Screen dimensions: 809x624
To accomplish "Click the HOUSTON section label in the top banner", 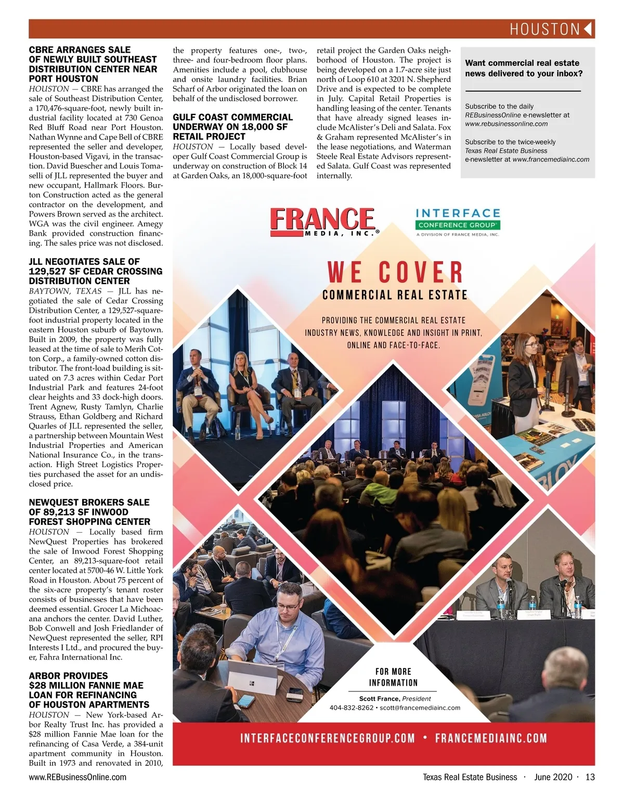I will [x=544, y=29].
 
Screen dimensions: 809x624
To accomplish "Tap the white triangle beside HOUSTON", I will [x=589, y=29].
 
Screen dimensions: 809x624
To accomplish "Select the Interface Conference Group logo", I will [x=458, y=221].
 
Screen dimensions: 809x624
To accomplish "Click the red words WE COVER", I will [x=395, y=272].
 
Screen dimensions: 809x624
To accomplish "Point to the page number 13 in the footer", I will [x=590, y=777].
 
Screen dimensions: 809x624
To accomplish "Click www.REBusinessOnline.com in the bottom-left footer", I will [x=77, y=777].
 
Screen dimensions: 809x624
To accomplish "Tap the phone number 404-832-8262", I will [x=351, y=708].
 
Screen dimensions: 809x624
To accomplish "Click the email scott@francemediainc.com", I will [x=420, y=708].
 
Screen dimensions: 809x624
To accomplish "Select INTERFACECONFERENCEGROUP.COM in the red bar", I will [x=328, y=738].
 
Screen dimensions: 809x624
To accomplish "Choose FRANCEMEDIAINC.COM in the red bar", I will [x=491, y=738].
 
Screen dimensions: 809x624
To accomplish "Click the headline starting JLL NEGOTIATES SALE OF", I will [x=84, y=262].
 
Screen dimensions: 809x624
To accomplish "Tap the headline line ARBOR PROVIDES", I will [x=69, y=676].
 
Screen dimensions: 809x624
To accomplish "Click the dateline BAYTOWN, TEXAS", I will [x=65, y=291].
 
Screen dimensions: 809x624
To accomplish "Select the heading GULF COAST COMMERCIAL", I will [x=232, y=117].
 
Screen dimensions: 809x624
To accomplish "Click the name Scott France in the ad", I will [x=379, y=699].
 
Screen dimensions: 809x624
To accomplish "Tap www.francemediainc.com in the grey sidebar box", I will [x=551, y=159].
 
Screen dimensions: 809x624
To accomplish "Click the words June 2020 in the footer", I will [x=553, y=777].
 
